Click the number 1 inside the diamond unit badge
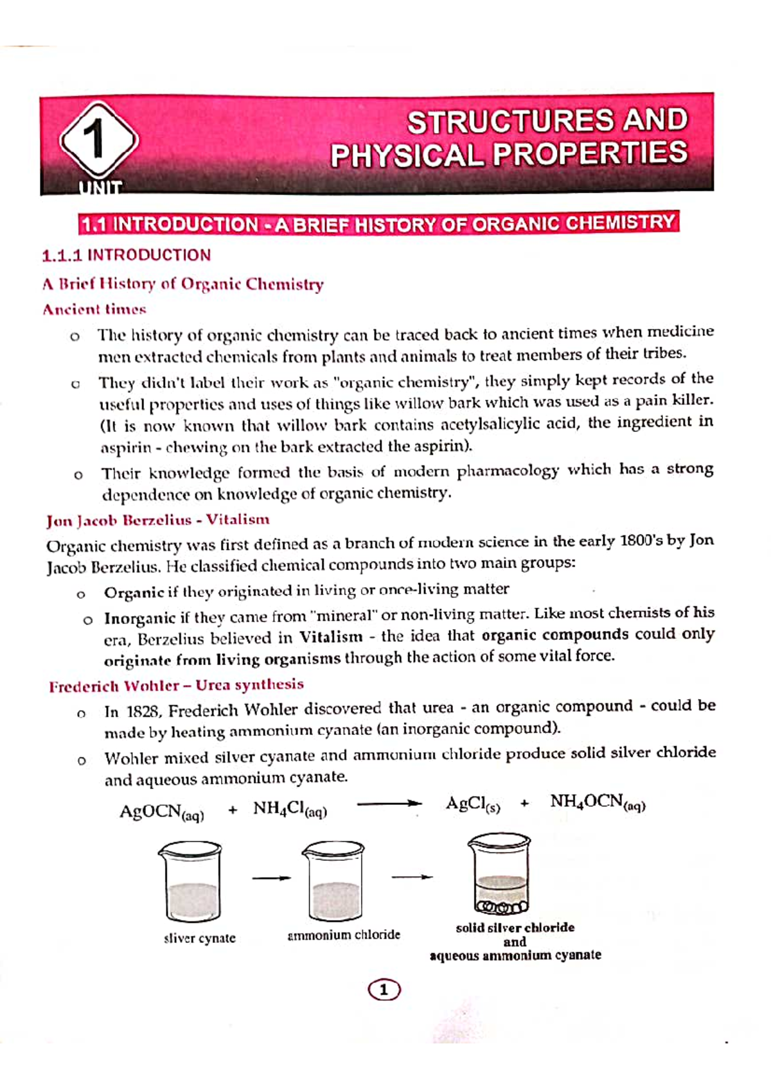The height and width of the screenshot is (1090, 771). click(x=96, y=140)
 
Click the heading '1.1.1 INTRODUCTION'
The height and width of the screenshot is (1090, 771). click(x=126, y=255)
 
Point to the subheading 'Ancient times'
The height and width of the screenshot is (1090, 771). click(x=94, y=309)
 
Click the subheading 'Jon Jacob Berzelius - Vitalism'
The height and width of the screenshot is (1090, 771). click(x=157, y=520)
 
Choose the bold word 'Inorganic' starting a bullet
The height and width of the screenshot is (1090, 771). click(x=139, y=618)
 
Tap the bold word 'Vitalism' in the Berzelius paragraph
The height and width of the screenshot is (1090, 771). click(x=332, y=637)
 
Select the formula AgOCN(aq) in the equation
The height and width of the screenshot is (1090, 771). click(x=161, y=812)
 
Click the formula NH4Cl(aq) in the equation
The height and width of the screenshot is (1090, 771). click(x=290, y=809)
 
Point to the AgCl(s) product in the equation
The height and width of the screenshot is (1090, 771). click(x=472, y=804)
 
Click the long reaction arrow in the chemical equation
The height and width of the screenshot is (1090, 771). click(x=389, y=804)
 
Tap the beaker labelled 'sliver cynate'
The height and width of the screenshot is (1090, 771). click(x=190, y=883)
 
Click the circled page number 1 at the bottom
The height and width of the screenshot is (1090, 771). click(x=384, y=990)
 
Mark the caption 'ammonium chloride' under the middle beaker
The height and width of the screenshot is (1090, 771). click(x=344, y=935)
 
